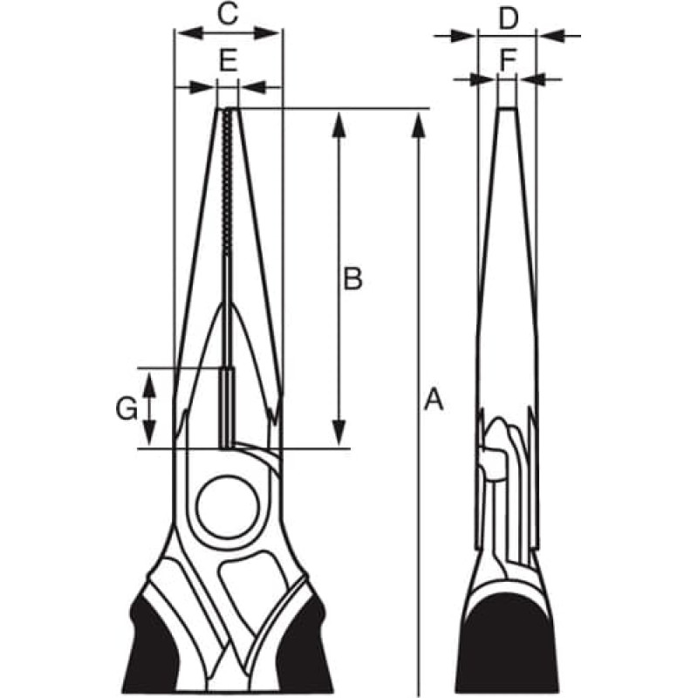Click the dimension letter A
[433, 399]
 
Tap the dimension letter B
[352, 278]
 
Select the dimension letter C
[228, 13]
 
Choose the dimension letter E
[228, 60]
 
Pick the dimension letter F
[508, 60]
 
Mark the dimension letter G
[127, 408]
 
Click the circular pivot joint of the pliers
[228, 507]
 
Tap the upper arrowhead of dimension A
[418, 126]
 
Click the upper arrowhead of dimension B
[339, 125]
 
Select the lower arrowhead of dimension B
[339, 433]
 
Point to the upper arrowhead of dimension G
[149, 386]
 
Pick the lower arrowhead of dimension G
[149, 433]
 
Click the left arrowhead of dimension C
[190, 33]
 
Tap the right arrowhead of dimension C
[266, 33]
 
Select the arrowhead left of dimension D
[463, 36]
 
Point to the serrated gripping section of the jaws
[228, 182]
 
